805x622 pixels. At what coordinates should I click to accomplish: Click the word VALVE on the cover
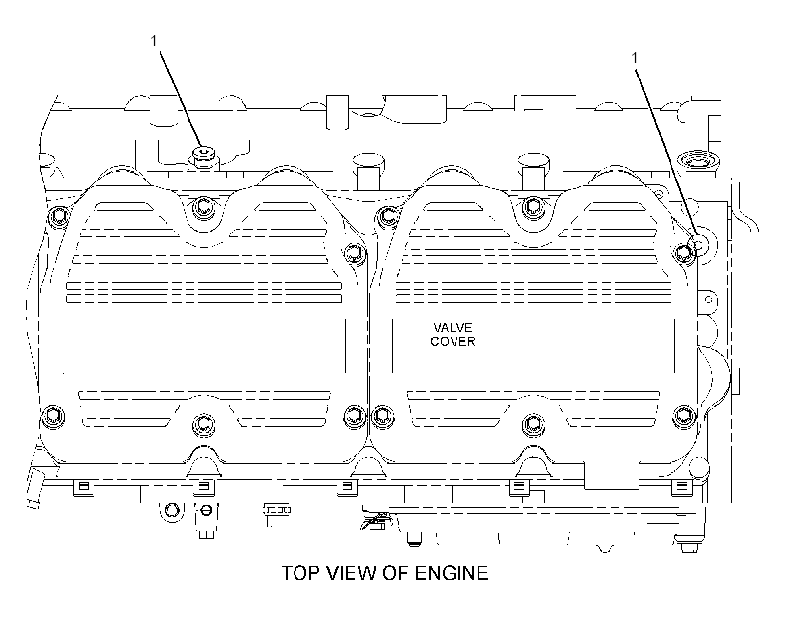tap(453, 328)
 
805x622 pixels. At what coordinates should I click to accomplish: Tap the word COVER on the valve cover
tap(453, 341)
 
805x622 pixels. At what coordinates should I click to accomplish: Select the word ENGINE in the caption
tap(452, 573)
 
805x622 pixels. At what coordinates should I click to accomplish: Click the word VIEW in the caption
tap(351, 573)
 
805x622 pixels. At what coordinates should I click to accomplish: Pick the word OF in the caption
tap(396, 573)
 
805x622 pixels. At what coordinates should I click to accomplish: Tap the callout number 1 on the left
tap(154, 40)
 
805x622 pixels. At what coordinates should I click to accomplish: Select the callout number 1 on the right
tap(635, 58)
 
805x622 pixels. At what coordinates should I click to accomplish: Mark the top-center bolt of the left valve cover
tap(203, 207)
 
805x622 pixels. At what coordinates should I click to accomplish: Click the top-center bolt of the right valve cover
tap(533, 207)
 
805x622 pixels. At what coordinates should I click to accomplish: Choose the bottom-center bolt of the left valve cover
tap(203, 425)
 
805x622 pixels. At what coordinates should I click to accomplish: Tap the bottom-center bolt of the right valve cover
tap(533, 425)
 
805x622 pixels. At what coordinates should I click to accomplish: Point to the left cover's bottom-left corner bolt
tap(53, 415)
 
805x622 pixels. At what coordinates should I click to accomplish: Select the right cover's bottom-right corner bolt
tap(684, 415)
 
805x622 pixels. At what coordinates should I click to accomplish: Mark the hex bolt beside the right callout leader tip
tap(684, 252)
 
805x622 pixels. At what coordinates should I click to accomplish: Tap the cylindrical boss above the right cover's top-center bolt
tap(533, 169)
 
